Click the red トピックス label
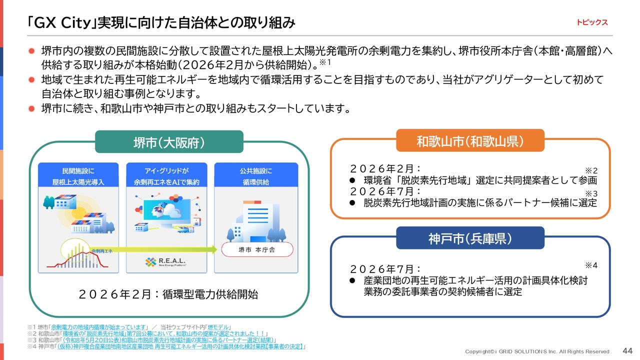pyautogui.click(x=591, y=22)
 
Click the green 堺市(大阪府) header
pyautogui.click(x=169, y=142)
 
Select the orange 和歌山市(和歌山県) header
pyautogui.click(x=470, y=140)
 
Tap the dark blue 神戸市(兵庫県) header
pyautogui.click(x=470, y=238)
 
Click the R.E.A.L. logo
pyautogui.click(x=165, y=261)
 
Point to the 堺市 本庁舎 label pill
pyautogui.click(x=257, y=249)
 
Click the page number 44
pyautogui.click(x=627, y=351)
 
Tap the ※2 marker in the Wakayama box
pyautogui.click(x=591, y=171)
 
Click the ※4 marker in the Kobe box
pyautogui.click(x=591, y=265)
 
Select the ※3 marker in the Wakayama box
pyautogui.click(x=591, y=193)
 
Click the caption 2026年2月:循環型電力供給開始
pyautogui.click(x=168, y=294)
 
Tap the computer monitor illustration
pyautogui.click(x=167, y=211)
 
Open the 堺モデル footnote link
pyautogui.click(x=218, y=327)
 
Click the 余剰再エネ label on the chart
pyautogui.click(x=101, y=251)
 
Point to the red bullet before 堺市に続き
pyautogui.click(x=31, y=108)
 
